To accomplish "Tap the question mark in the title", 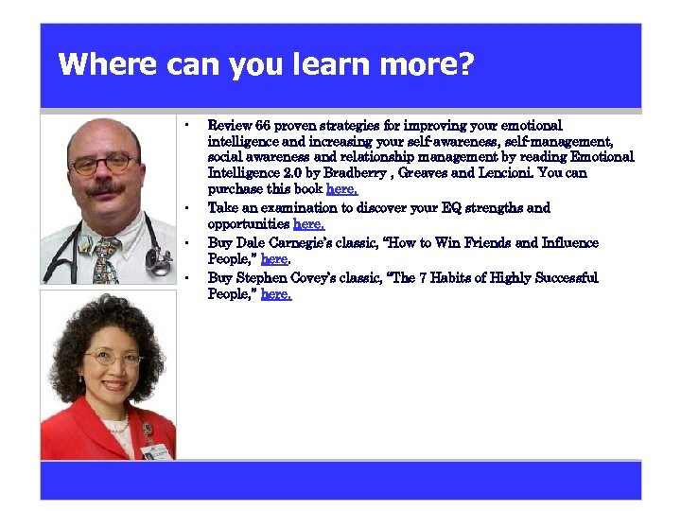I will [464, 65].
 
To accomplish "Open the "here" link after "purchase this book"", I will [341, 189].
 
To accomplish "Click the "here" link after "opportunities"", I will [309, 224].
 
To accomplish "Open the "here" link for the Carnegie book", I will [274, 259].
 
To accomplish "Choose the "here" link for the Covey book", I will [276, 294].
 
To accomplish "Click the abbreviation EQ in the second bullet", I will [448, 207].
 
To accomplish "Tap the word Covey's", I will [320, 277].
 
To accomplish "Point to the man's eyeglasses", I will [104, 164].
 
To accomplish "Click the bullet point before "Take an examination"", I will [188, 207].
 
